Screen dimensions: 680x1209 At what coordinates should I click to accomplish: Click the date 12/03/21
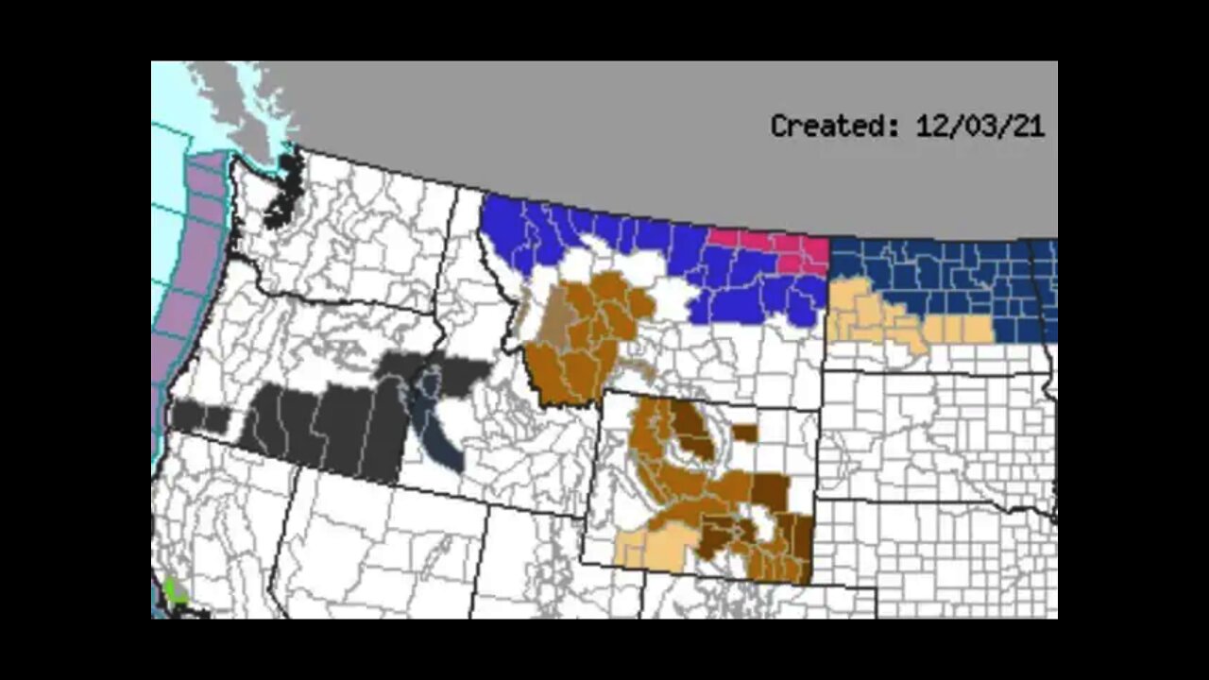(x=979, y=126)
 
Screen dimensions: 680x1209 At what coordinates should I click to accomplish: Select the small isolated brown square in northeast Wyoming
(x=744, y=433)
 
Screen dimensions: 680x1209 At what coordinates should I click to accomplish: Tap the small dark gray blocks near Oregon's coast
(x=200, y=416)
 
